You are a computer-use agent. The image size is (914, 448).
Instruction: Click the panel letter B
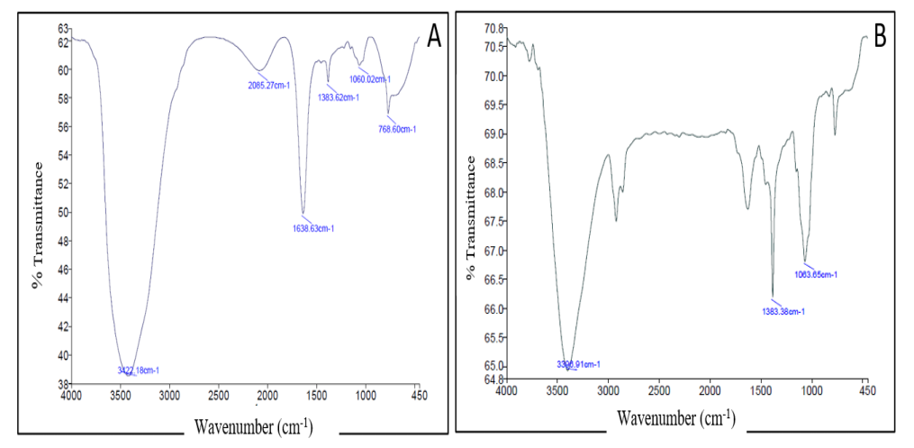click(880, 35)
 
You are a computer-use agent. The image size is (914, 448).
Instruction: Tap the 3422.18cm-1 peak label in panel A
click(138, 370)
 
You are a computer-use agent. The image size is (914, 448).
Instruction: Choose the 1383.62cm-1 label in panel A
click(337, 97)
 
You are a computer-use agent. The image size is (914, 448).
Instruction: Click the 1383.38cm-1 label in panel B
click(783, 312)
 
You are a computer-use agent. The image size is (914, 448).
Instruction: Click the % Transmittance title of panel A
click(39, 224)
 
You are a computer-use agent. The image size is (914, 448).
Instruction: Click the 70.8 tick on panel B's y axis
click(492, 29)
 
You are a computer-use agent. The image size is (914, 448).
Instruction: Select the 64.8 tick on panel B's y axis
click(492, 379)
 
